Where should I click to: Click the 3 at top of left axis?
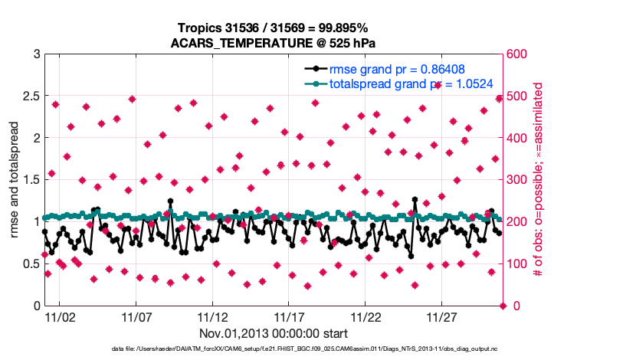pyautogui.click(x=35, y=54)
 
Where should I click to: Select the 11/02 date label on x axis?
pyautogui.click(x=60, y=316)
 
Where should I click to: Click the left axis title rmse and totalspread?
pyautogui.click(x=15, y=180)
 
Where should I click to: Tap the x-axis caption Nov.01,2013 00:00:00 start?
pyautogui.click(x=274, y=333)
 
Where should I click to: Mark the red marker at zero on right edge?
pyautogui.click(x=503, y=306)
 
